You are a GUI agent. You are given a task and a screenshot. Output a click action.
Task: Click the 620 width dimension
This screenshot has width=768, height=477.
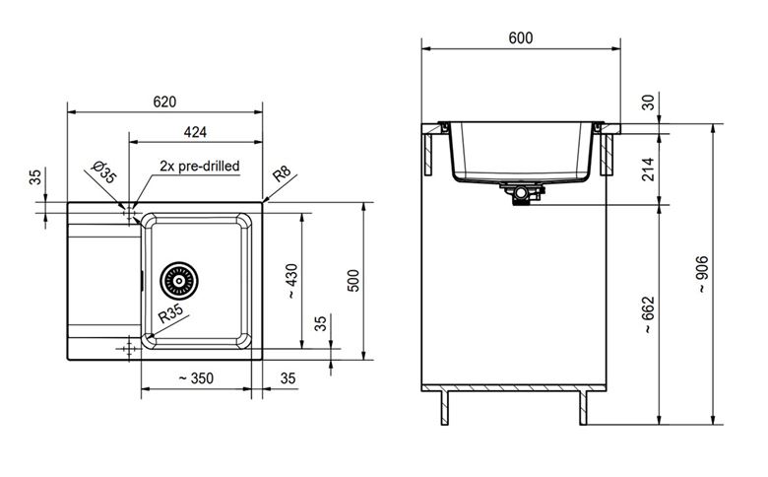[164, 102]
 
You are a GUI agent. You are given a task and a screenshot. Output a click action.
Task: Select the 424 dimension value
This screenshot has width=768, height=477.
[195, 132]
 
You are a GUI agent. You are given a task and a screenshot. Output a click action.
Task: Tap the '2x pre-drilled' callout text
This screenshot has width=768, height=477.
[200, 166]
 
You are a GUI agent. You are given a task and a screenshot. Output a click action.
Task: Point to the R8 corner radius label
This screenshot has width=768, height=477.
[282, 173]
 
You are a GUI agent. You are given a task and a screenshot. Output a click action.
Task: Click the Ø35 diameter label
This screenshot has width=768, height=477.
[103, 171]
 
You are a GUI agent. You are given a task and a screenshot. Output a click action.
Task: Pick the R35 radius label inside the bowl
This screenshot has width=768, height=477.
[171, 312]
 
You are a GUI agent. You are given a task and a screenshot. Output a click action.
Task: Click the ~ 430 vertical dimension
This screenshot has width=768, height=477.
[290, 282]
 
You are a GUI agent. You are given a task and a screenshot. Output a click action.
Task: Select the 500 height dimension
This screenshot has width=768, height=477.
[353, 281]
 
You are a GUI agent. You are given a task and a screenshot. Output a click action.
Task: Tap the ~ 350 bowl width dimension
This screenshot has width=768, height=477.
[196, 378]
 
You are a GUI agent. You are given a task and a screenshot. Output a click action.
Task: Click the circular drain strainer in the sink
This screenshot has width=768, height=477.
[179, 281]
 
